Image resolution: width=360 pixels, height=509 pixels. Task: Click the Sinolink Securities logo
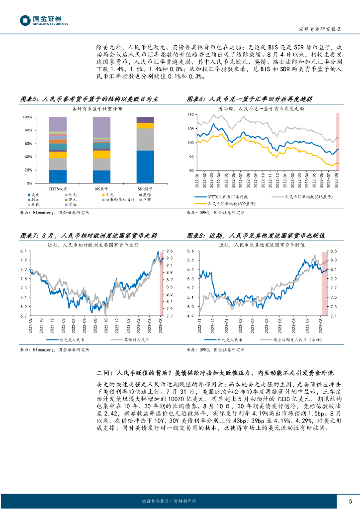click(x=44, y=20)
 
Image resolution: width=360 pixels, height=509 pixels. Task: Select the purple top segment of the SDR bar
click(x=145, y=119)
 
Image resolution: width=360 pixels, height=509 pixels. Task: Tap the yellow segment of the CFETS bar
click(x=58, y=155)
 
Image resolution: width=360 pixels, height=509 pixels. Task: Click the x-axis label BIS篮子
click(x=101, y=189)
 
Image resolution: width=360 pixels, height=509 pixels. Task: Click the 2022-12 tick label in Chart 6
click(x=264, y=180)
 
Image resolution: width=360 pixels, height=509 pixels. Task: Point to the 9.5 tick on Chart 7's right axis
click(x=169, y=251)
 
